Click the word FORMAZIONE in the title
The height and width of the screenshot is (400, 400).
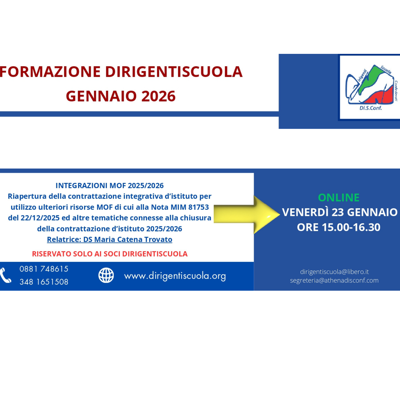[50, 72]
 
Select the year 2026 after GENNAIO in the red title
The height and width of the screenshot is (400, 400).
[158, 96]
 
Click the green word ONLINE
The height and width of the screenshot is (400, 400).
[339, 198]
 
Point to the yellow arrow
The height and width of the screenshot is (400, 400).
[247, 214]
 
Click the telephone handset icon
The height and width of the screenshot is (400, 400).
[6, 276]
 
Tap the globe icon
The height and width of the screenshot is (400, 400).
[106, 275]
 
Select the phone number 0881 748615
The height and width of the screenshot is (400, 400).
[44, 269]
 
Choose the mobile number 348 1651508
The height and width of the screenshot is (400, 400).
[44, 282]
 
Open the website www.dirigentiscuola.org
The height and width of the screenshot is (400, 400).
[175, 276]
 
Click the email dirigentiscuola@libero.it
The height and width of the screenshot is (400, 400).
[334, 272]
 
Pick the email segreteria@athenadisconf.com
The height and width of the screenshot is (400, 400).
[334, 281]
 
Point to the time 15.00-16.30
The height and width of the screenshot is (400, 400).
[351, 227]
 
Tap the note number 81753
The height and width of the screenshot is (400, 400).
[198, 207]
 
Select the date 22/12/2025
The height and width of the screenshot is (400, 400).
[40, 218]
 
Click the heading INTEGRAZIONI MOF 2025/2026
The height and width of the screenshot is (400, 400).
[110, 186]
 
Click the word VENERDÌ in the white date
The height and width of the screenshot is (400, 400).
[306, 212]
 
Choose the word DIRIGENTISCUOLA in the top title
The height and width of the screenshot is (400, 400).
[174, 72]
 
